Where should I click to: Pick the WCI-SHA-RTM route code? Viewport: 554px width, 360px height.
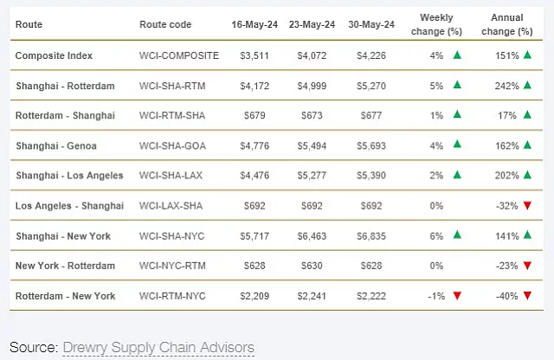[x=176, y=86]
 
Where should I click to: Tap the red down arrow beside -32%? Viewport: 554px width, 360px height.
[x=525, y=206]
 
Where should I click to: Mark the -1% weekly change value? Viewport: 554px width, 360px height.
[x=435, y=296]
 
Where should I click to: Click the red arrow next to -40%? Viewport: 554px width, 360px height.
[x=525, y=296]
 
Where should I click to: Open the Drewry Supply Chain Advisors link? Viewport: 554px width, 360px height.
[x=158, y=347]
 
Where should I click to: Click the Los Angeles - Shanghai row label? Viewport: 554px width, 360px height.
[x=69, y=206]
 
